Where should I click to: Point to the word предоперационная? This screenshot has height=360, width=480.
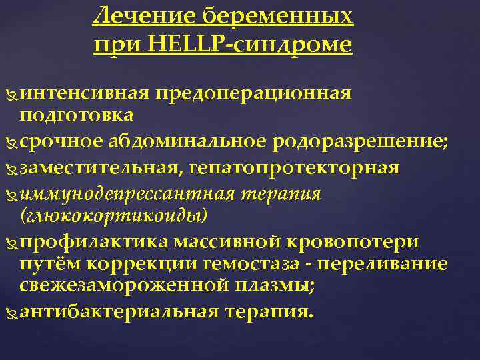point(253,93)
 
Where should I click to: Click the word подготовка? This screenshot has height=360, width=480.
point(77,115)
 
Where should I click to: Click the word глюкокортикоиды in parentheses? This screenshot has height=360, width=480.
point(114,216)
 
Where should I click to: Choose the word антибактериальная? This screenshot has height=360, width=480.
point(119,312)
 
